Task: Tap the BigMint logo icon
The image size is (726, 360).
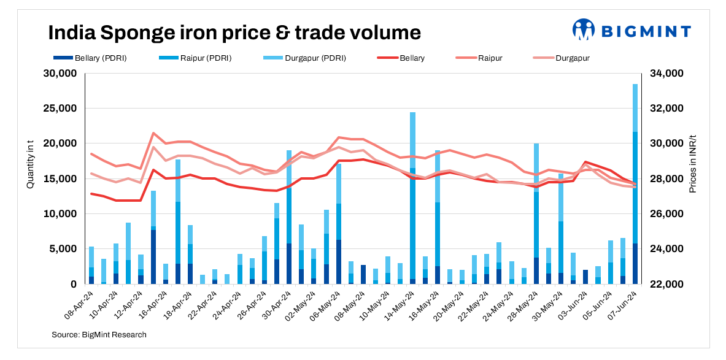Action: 583,29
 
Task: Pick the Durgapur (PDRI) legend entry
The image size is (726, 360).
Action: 305,58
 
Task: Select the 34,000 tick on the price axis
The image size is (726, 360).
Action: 665,74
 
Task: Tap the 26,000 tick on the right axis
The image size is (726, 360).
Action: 665,214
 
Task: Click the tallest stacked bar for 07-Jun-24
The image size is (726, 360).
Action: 635,184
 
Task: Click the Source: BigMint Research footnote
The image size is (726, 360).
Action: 99,334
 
